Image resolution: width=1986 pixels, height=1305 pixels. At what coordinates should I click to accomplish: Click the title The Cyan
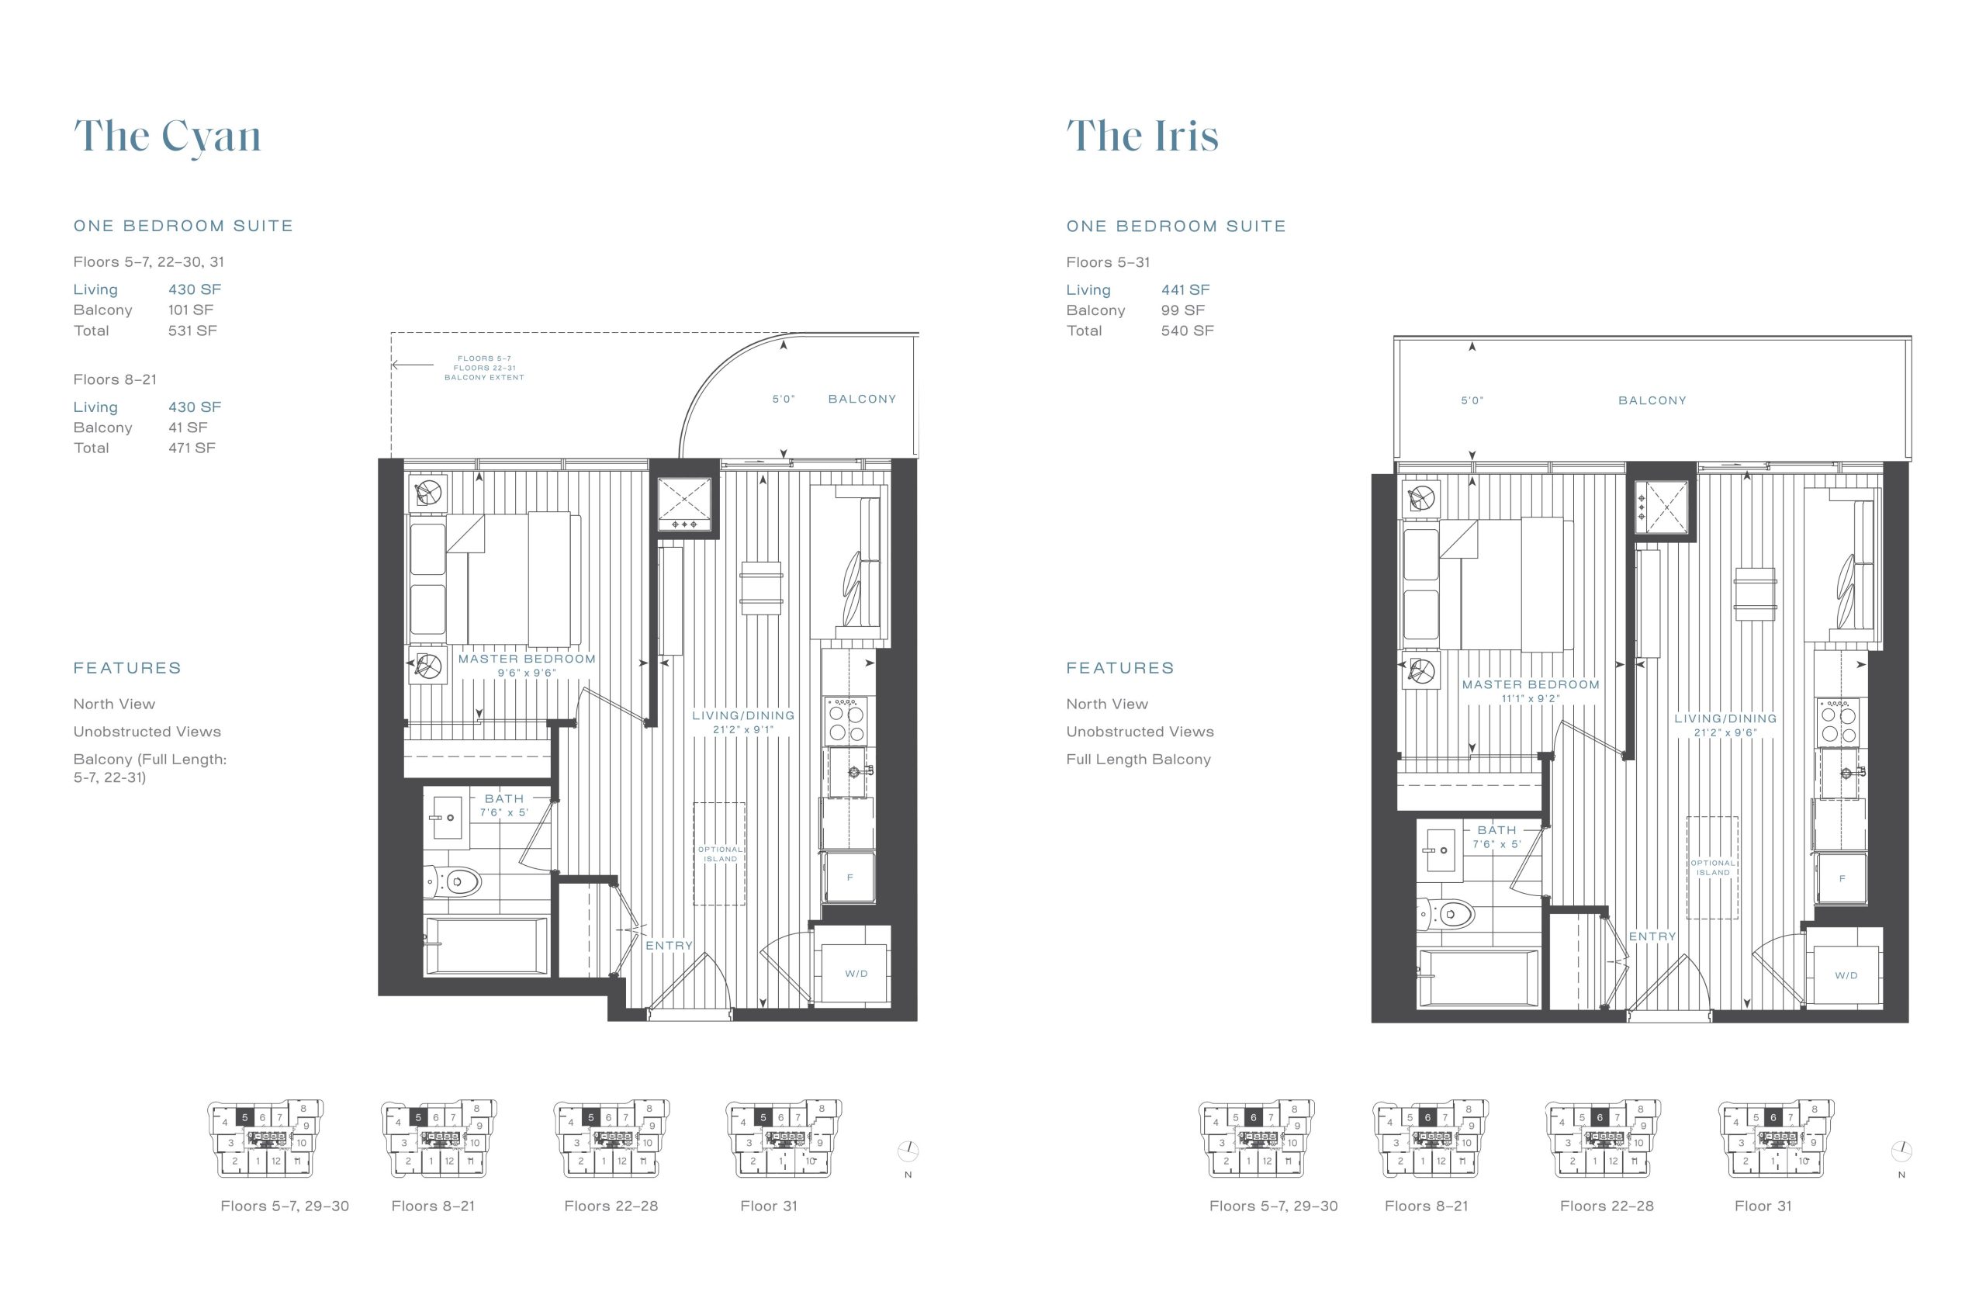[167, 137]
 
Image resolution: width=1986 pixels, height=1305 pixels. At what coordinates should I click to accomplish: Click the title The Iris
[1143, 136]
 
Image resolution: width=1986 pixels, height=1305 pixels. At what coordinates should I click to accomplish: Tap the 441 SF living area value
[1185, 289]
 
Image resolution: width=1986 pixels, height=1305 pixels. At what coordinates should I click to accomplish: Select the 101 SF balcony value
[191, 310]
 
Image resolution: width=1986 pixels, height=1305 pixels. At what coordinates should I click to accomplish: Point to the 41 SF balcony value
[188, 427]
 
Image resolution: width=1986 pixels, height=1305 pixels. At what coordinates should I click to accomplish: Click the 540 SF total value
[1187, 331]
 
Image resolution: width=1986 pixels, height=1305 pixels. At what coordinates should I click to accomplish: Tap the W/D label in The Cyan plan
[856, 974]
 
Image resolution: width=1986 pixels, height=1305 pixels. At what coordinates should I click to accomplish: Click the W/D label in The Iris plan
[1846, 975]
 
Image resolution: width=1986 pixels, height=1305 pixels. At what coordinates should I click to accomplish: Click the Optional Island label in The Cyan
[720, 853]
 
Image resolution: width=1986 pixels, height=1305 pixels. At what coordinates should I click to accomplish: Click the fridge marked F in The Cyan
[849, 877]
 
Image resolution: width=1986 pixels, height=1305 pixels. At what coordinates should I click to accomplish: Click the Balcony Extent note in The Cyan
[484, 368]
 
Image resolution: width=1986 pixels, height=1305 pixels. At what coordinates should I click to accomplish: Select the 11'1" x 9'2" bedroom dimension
[1531, 699]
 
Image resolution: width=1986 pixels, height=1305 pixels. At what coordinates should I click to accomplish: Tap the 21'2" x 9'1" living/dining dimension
[743, 729]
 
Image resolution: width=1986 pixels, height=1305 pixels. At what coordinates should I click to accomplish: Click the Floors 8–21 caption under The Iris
[1426, 1206]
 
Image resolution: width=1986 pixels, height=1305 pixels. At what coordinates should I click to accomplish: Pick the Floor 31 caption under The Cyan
[769, 1206]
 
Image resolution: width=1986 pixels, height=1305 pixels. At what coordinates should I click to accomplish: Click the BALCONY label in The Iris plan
[1652, 400]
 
